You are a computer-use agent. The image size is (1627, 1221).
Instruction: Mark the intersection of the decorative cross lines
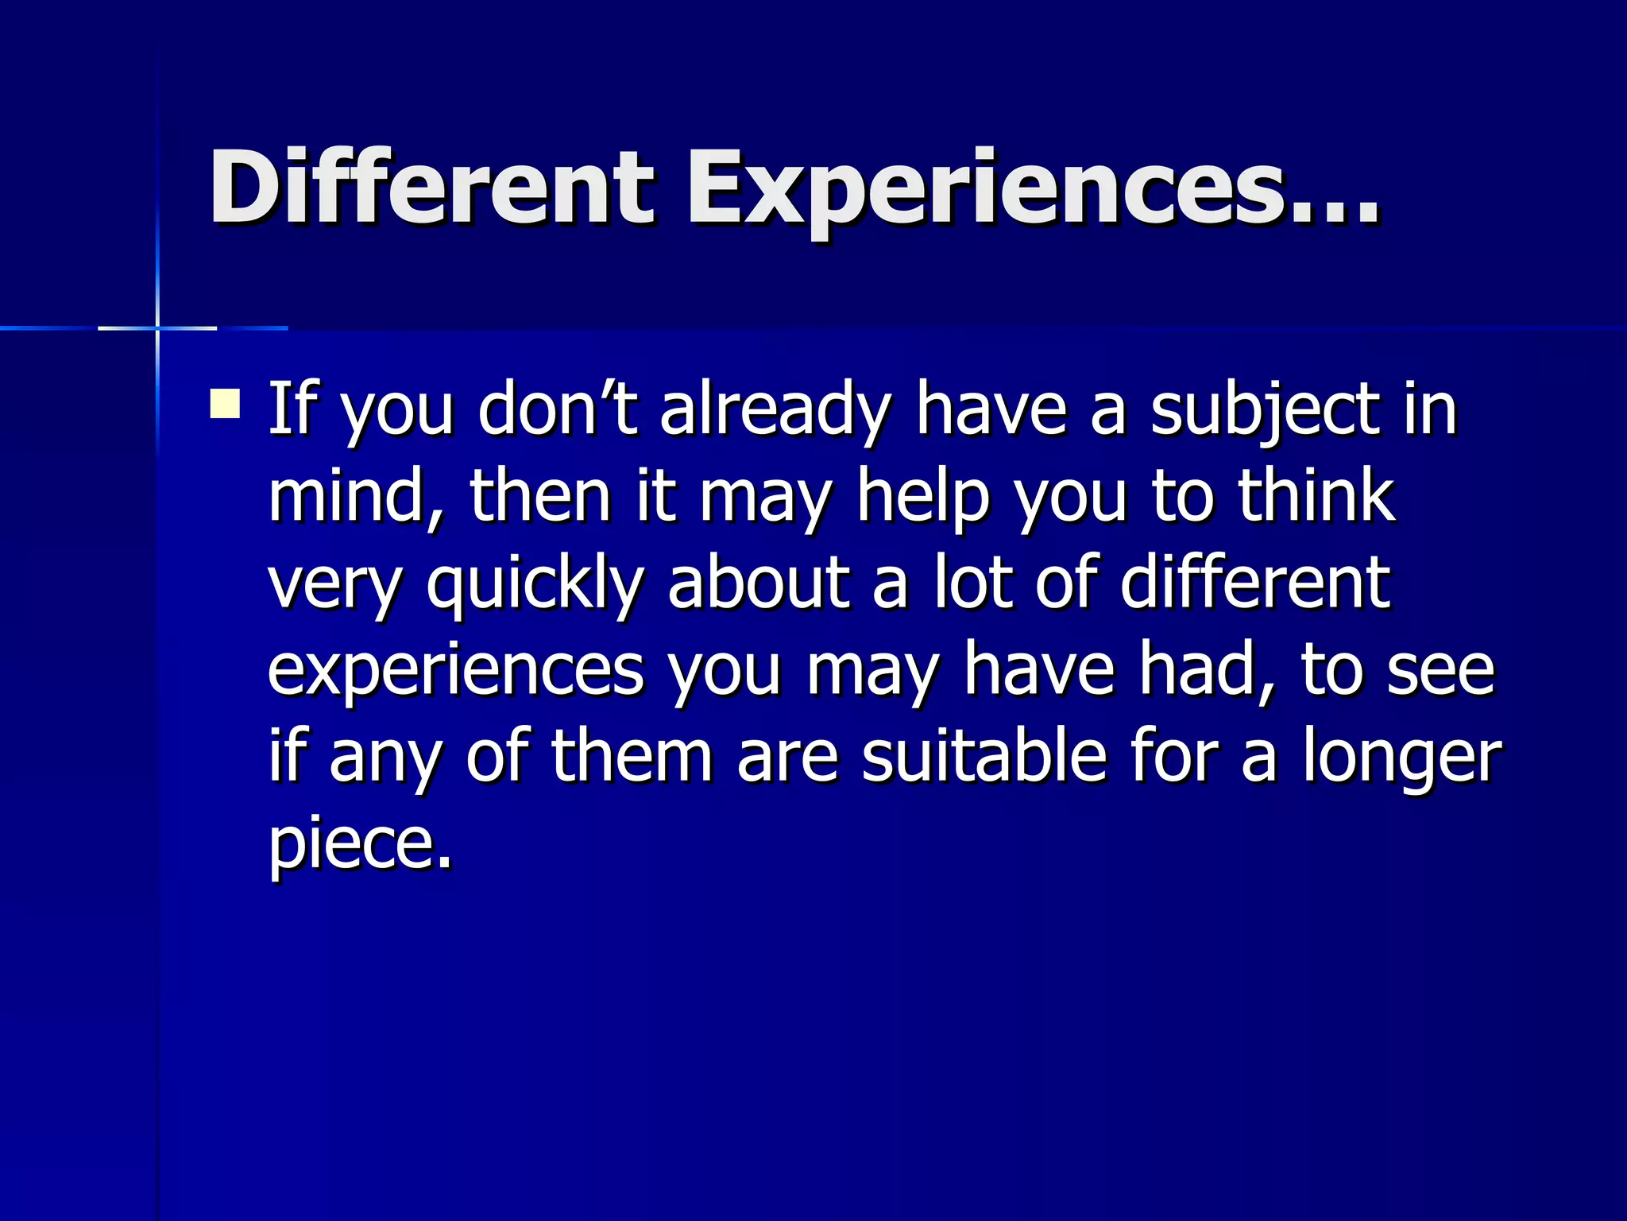tap(157, 328)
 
